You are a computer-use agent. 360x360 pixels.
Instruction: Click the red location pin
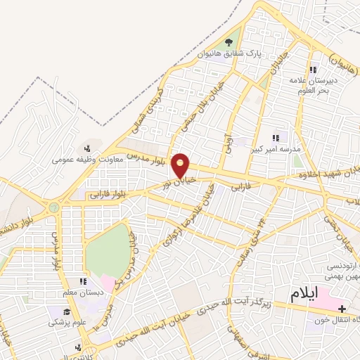pyautogui.click(x=181, y=165)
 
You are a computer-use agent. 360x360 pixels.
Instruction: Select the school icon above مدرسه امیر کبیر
pyautogui.click(x=276, y=138)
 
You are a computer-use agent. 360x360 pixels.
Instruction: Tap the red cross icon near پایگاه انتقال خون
pyautogui.click(x=342, y=309)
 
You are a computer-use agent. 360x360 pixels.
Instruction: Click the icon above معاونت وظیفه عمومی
pyautogui.click(x=86, y=148)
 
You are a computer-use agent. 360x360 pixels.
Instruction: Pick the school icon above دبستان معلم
pyautogui.click(x=86, y=282)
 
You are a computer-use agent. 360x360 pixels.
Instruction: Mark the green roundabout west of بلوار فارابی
pyautogui.click(x=53, y=207)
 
